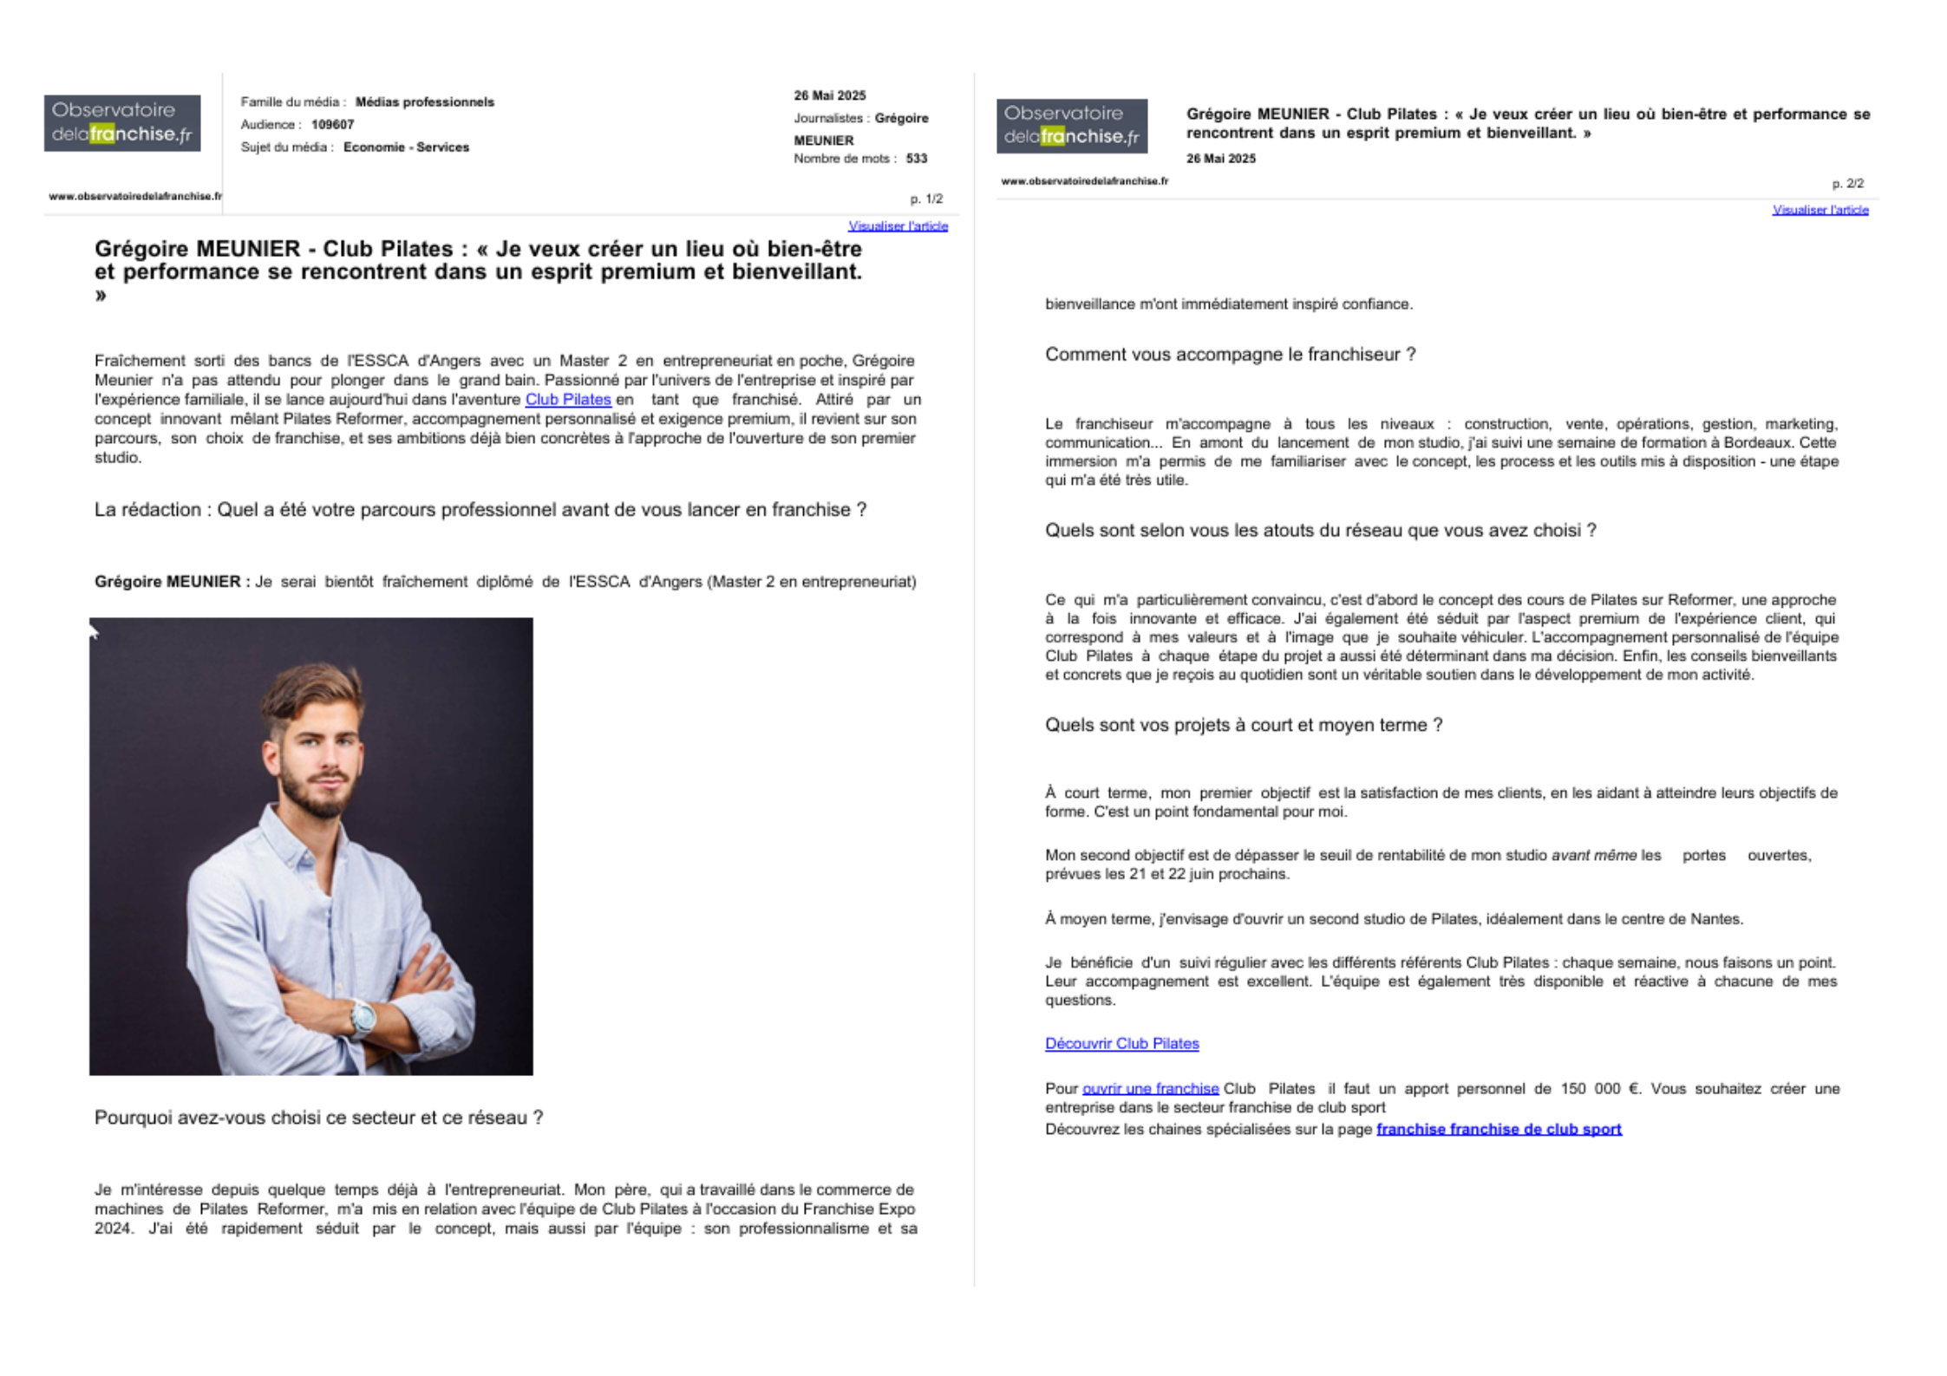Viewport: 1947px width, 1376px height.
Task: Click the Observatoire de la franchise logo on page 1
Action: click(122, 123)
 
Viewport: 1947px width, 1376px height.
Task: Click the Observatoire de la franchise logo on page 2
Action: click(1071, 126)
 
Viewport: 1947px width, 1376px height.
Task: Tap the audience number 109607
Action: click(333, 125)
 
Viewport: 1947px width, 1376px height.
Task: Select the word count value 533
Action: click(917, 159)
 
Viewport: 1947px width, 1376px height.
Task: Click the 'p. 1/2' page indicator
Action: click(926, 199)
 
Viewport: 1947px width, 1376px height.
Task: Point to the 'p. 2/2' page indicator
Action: click(1847, 184)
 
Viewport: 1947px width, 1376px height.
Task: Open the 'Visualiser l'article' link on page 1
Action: click(898, 226)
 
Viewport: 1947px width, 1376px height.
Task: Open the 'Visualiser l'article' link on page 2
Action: click(1820, 210)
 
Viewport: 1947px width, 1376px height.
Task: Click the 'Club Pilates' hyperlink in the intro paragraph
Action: click(568, 400)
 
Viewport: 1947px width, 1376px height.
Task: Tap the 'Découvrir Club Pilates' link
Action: click(1121, 1044)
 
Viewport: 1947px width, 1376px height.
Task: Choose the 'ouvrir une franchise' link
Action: click(1150, 1089)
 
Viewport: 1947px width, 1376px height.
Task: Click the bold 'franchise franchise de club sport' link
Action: click(1499, 1129)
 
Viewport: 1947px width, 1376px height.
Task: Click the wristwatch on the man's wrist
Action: click(363, 1016)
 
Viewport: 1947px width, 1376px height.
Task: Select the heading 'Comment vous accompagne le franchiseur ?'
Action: click(1230, 355)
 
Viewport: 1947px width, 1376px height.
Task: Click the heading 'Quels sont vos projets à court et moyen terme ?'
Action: click(1244, 725)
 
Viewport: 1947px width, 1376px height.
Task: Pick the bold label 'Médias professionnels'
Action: click(424, 102)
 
